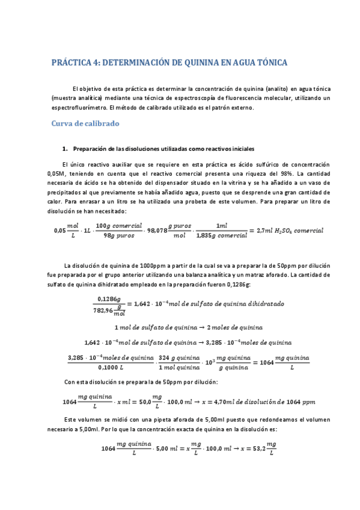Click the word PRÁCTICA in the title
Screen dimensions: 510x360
[73, 62]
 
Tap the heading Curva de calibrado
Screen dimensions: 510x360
[85, 123]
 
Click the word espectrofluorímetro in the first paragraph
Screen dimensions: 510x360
[76, 108]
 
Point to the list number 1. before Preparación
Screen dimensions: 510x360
[65, 149]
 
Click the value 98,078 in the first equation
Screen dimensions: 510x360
[156, 230]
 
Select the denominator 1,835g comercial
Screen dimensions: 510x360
[221, 236]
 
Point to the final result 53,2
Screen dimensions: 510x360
[257, 448]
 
